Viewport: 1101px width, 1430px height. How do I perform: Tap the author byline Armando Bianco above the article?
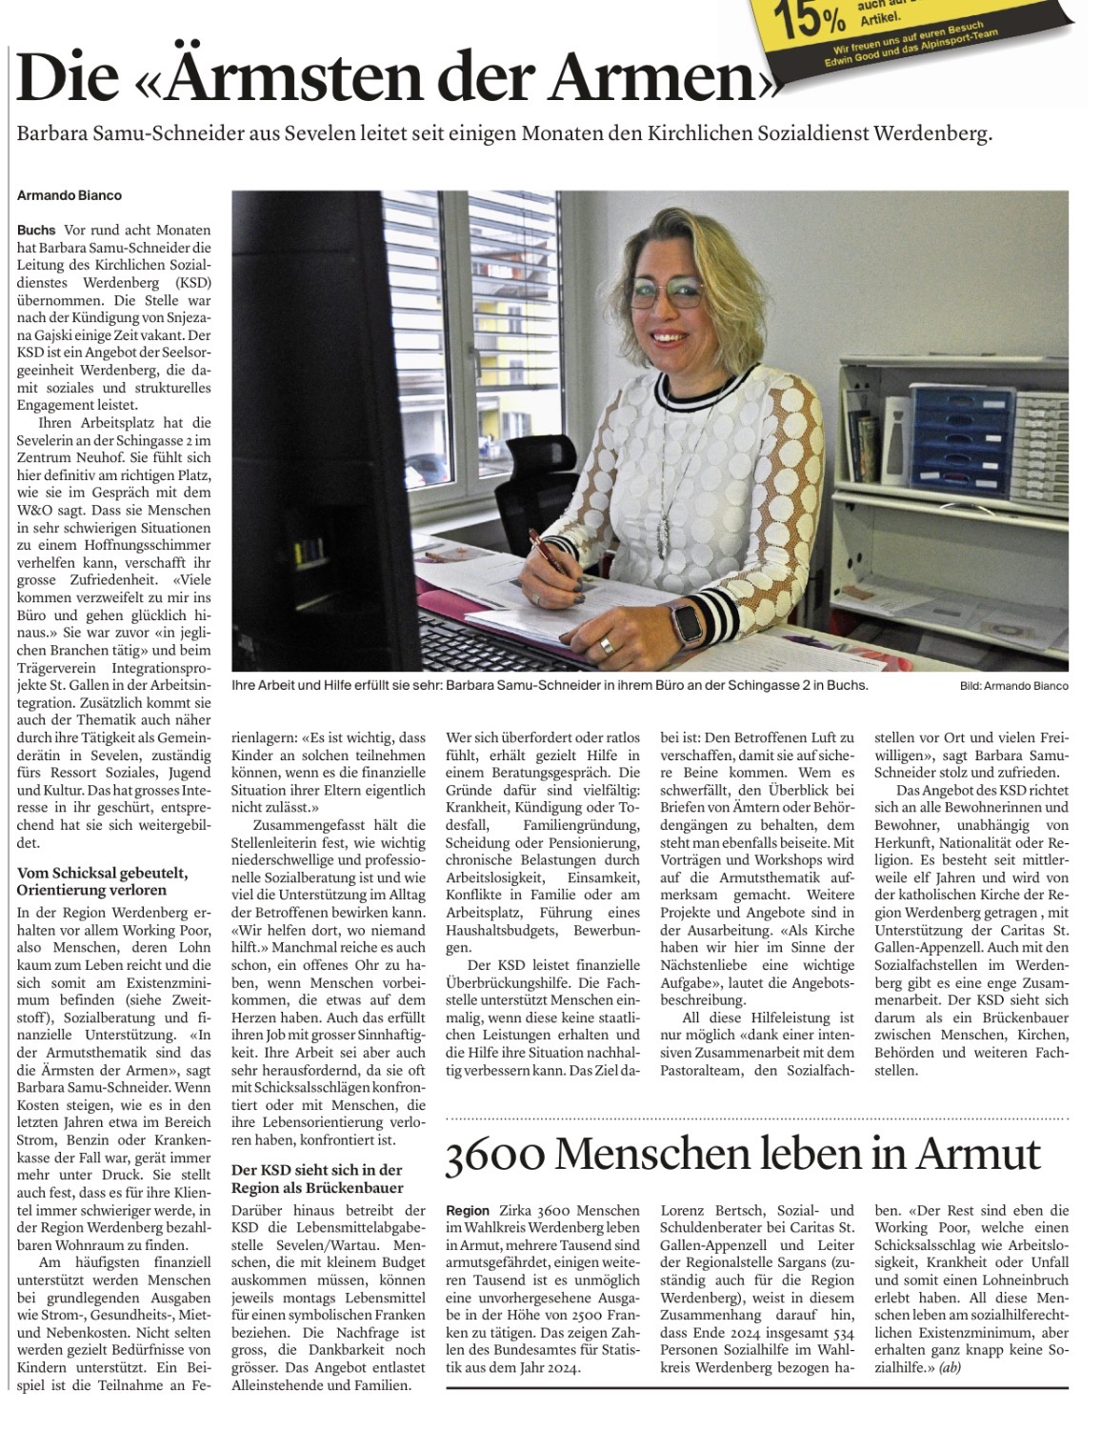tap(70, 195)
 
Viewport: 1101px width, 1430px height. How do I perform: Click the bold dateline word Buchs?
tap(36, 231)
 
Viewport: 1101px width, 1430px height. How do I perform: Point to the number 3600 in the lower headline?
tap(495, 1155)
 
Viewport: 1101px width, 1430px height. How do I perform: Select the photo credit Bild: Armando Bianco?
tap(1013, 686)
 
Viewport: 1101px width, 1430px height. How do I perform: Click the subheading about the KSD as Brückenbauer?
tap(317, 1178)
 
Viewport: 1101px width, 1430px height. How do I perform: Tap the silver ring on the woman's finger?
tap(606, 647)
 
